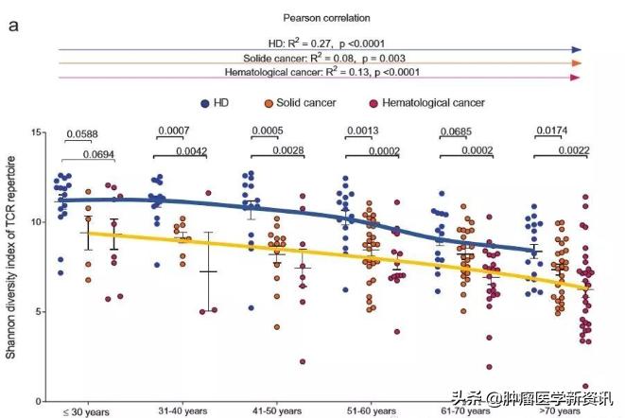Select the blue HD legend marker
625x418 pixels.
click(x=204, y=101)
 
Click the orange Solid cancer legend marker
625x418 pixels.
click(x=269, y=101)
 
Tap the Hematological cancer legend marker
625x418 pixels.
click(x=360, y=101)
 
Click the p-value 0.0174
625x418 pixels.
click(x=552, y=131)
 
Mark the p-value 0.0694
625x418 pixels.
click(x=100, y=154)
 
